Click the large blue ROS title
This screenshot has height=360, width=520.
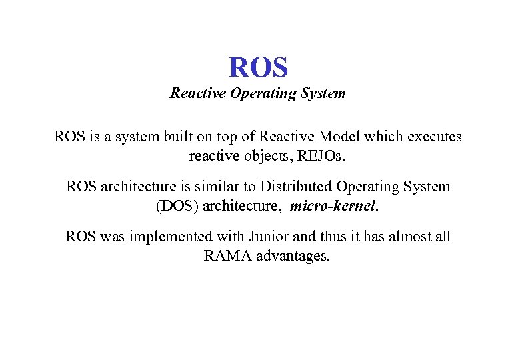(258, 67)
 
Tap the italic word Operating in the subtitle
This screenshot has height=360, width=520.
(258, 93)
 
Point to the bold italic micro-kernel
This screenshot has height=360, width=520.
(333, 206)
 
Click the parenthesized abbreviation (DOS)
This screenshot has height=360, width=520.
(176, 206)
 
